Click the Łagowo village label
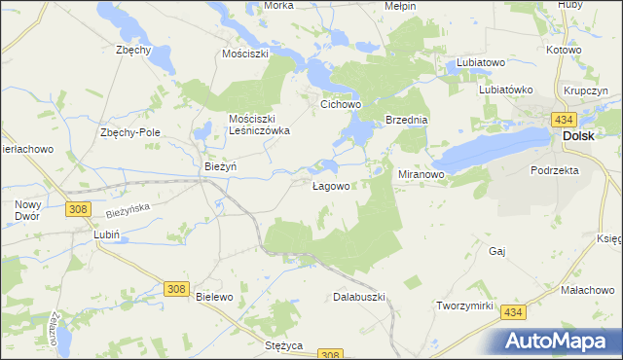(x=331, y=185)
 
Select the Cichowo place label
(x=342, y=101)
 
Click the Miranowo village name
(x=421, y=174)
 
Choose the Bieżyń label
(x=221, y=166)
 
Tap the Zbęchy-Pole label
(x=129, y=132)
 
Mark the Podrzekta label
(x=555, y=169)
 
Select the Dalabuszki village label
(x=360, y=296)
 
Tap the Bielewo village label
(x=215, y=296)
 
